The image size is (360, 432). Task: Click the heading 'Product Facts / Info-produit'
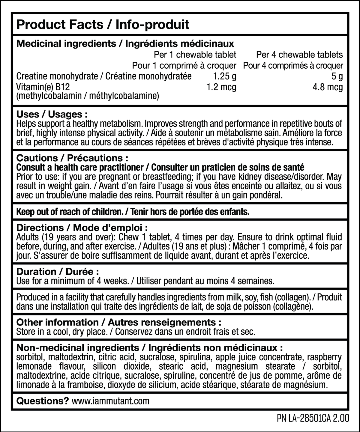coord(103,24)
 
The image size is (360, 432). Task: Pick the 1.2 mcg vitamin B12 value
coord(221,87)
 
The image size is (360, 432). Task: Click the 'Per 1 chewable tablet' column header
coord(195,55)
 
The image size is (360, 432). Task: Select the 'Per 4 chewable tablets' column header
coord(299,55)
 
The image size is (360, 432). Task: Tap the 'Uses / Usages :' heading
coord(52,114)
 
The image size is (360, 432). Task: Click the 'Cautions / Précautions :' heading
coord(73,158)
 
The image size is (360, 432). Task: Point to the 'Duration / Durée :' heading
coord(58,272)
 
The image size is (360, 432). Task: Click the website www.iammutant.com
coord(111,401)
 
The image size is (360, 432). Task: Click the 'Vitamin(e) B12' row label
coord(43,87)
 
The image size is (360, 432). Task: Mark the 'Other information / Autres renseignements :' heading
coord(119,322)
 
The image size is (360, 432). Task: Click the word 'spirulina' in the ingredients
coord(192,357)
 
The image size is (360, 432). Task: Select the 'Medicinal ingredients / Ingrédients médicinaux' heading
coord(125,44)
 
